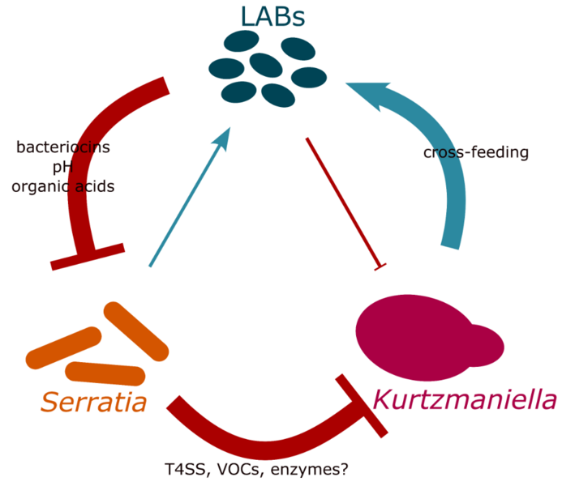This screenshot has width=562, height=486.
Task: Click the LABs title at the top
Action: (272, 16)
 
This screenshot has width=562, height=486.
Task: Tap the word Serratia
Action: (94, 403)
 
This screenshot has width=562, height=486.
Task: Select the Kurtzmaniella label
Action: (465, 399)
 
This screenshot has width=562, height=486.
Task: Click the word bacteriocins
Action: (63, 147)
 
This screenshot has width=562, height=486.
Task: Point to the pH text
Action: (63, 168)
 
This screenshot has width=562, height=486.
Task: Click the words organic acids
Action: (63, 186)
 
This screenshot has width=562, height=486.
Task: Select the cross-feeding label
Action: (476, 152)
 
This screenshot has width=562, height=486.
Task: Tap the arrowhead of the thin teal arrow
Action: (222, 139)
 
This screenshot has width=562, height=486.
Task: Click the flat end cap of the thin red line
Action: (380, 267)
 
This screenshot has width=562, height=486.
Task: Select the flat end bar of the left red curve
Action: (88, 257)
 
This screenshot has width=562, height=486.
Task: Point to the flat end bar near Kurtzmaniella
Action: (362, 406)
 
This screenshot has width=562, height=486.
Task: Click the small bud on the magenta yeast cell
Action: (486, 345)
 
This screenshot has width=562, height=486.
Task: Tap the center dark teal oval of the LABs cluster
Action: (265, 65)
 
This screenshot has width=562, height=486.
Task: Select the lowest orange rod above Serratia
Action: (105, 373)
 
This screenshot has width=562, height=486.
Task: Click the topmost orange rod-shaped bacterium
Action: (136, 331)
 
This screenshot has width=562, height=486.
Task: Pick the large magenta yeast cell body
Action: (416, 338)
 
